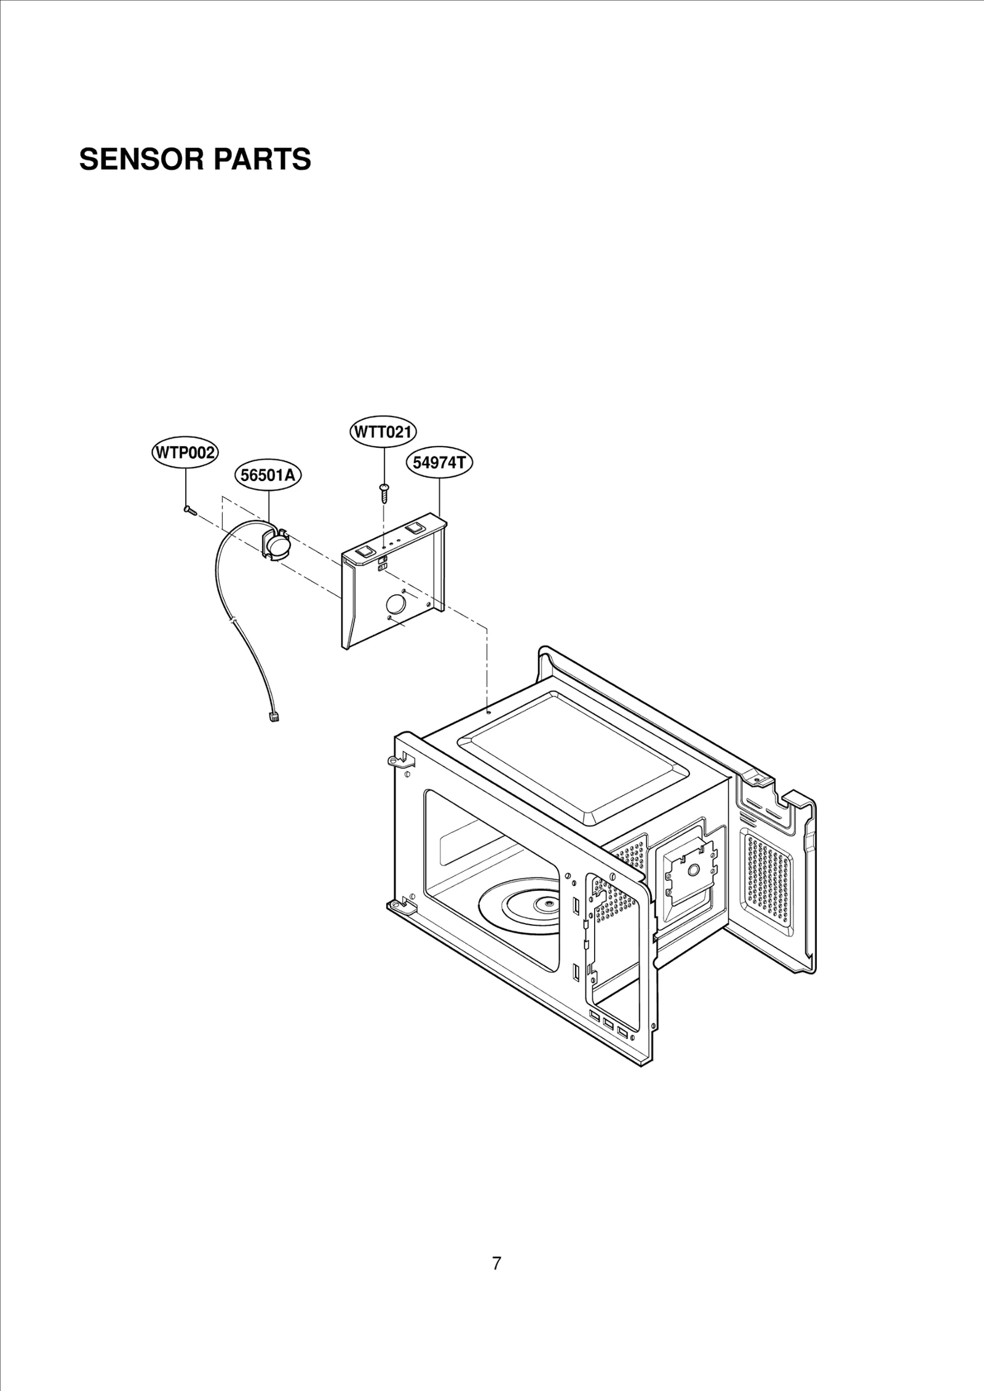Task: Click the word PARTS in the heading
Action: pyautogui.click(x=262, y=159)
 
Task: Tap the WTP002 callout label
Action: pyautogui.click(x=184, y=453)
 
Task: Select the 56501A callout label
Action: pyautogui.click(x=269, y=476)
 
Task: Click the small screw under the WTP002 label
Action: pyautogui.click(x=189, y=509)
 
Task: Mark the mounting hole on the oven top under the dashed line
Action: pyautogui.click(x=487, y=712)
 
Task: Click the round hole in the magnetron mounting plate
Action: pyautogui.click(x=693, y=869)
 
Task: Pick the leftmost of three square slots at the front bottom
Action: pyautogui.click(x=595, y=1014)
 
